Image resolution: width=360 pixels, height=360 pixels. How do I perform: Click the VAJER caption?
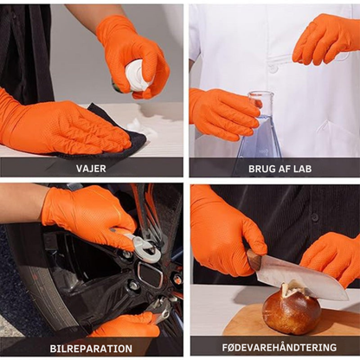(x=91, y=169)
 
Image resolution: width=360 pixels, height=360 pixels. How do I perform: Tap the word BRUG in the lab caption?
(x=260, y=169)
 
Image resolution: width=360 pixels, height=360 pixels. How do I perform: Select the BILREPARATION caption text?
(x=91, y=349)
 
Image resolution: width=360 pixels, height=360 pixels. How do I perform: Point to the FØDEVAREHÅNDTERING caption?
(x=280, y=347)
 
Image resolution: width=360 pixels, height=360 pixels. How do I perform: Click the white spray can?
(x=138, y=75)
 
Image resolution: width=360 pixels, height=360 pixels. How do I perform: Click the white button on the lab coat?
(x=273, y=69)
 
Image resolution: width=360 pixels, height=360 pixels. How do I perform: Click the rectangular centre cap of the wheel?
(x=151, y=275)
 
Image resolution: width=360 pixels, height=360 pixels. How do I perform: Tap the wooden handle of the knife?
(x=254, y=260)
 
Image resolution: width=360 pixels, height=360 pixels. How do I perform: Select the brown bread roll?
(x=292, y=309)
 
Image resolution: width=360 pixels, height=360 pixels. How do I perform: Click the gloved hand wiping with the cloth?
(x=67, y=128)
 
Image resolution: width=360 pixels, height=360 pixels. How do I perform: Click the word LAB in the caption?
(x=301, y=169)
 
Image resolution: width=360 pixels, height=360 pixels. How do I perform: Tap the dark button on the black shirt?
(x=315, y=217)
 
